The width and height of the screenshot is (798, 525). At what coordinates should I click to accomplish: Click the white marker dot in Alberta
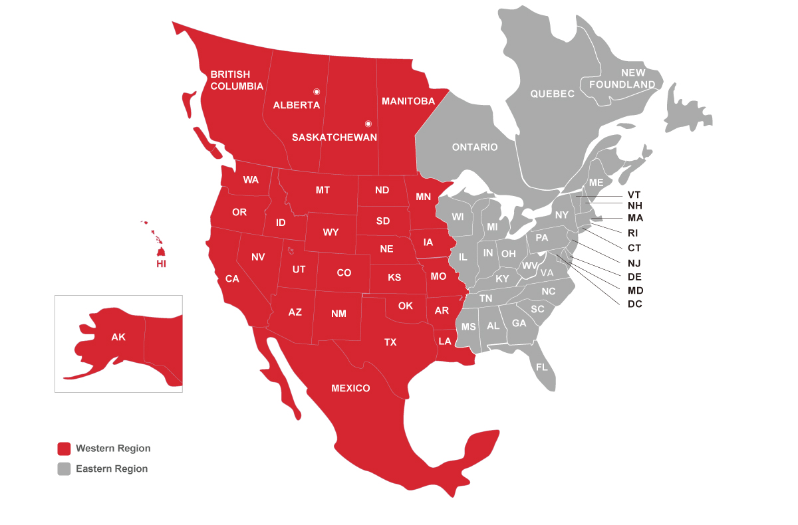[317, 92]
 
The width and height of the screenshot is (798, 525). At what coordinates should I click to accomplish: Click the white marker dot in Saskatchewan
[368, 124]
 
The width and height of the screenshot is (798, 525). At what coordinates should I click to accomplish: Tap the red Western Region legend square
[64, 449]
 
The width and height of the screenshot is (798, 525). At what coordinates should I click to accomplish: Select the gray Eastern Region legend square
[64, 469]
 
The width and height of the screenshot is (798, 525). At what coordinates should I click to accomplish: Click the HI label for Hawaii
[161, 264]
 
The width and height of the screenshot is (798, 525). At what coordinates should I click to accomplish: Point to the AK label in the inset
[118, 337]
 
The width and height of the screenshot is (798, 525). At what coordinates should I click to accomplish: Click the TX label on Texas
[390, 342]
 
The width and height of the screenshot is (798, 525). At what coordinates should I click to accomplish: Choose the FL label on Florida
[541, 367]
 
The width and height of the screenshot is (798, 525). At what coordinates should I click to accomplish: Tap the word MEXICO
[350, 388]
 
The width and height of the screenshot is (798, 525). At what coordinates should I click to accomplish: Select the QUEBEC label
[552, 94]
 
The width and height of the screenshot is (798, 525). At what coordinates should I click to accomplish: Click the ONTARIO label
[475, 147]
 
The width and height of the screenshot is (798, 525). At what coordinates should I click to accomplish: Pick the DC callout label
[635, 304]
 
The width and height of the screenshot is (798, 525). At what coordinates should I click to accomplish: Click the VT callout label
[634, 195]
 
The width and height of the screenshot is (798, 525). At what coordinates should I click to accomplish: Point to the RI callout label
[634, 233]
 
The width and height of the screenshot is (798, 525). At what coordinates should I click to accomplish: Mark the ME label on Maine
[597, 183]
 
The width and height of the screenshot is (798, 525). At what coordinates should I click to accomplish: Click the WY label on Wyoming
[331, 233]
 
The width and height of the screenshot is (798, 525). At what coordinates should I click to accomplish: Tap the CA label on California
[232, 279]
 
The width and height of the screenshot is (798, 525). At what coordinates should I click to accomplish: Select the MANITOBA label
[408, 101]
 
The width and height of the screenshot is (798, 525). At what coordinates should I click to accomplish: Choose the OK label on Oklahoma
[406, 306]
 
